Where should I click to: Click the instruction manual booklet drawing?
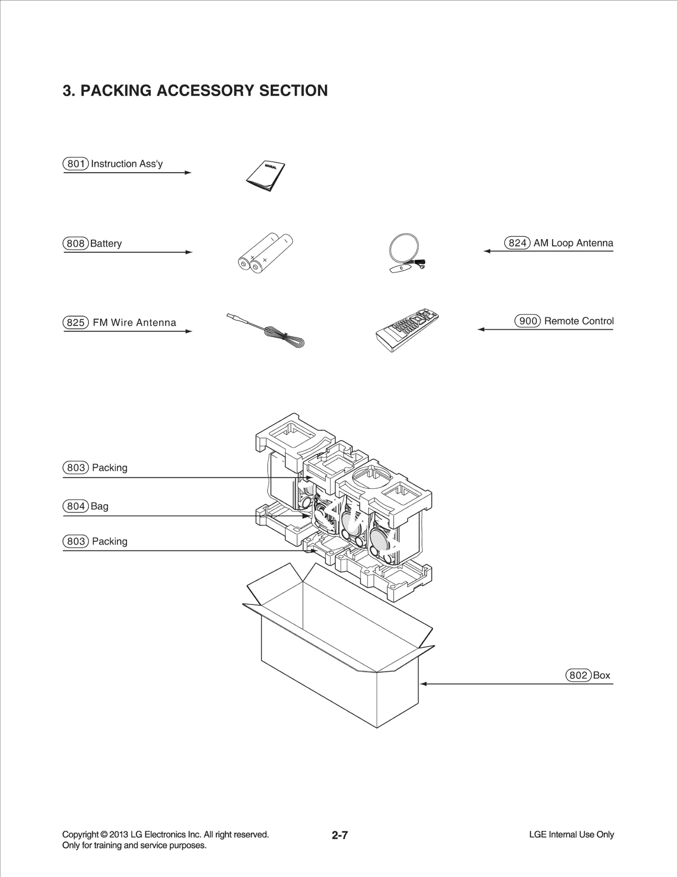[266, 176]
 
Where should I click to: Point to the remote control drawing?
[407, 331]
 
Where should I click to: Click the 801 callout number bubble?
[76, 164]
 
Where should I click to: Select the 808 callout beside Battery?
[76, 243]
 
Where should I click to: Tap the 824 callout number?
[517, 243]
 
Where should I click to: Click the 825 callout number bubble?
[76, 323]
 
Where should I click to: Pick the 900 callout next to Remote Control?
[528, 321]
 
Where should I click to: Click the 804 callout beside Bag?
[76, 506]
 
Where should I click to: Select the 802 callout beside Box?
[578, 675]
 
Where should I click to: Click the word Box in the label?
[601, 675]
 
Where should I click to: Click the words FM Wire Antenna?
[134, 323]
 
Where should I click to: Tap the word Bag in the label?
[99, 506]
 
